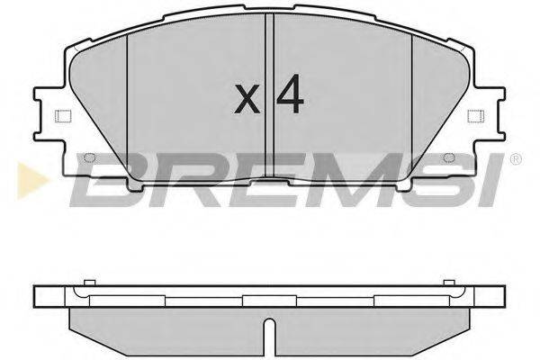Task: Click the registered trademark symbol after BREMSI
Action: [514, 159]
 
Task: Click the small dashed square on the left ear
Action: [61, 116]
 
